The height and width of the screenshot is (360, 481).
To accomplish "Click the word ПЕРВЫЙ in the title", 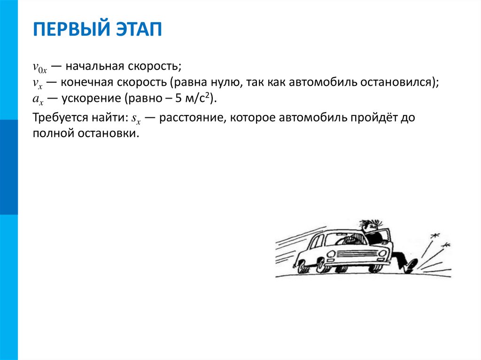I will coord(70,29).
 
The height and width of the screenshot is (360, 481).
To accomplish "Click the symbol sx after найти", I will coord(136,118).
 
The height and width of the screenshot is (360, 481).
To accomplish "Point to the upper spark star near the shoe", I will coord(436,235).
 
